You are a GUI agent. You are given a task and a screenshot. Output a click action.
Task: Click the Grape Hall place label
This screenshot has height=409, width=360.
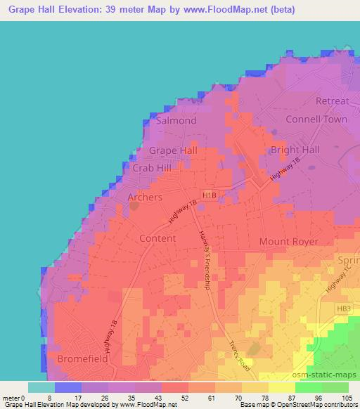coord(172,150)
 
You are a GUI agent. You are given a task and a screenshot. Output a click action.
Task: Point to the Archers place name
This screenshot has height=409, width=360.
coord(145,197)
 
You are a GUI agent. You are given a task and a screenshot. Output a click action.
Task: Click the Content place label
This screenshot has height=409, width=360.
coord(157,238)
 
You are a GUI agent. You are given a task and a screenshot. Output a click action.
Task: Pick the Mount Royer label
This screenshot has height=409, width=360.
coord(289,241)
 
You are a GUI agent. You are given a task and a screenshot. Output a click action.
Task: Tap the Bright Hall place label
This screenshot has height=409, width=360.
coord(295,150)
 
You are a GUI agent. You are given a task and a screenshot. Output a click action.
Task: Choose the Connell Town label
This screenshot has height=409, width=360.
coord(316,119)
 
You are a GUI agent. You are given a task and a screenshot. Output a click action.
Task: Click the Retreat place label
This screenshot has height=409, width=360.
coord(332,101)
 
